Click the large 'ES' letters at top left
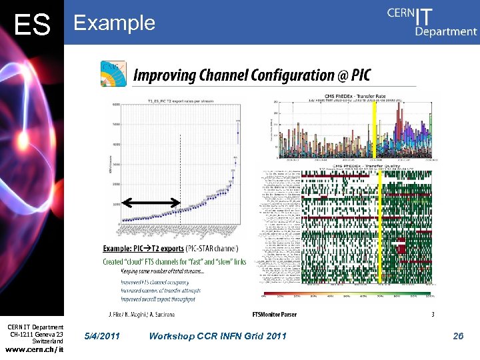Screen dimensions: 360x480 click(32, 25)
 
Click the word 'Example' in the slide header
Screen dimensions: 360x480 click(114, 23)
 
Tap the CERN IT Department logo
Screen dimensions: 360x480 click(432, 21)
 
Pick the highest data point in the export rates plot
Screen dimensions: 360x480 click(238, 132)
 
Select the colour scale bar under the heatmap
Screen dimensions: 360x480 click(347, 293)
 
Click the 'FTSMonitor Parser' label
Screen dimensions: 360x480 click(274, 314)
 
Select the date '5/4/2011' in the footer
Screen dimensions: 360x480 click(103, 336)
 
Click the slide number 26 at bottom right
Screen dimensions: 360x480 click(458, 336)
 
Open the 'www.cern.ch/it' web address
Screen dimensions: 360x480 click(34, 349)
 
